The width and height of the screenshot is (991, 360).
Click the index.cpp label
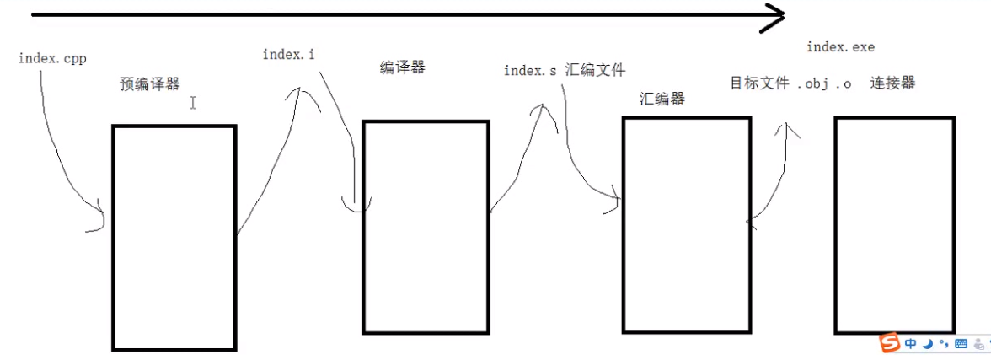[x=52, y=58]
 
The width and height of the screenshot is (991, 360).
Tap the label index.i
[x=289, y=55]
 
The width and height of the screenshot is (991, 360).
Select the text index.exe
[x=840, y=47]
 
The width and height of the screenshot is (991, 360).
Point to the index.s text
[x=530, y=71]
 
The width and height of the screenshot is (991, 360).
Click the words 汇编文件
[x=596, y=70]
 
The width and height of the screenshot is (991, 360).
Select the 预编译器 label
[x=150, y=83]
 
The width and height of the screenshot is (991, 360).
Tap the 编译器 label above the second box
[x=403, y=68]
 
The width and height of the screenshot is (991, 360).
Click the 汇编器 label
[x=662, y=99]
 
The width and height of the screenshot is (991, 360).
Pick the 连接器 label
[x=892, y=83]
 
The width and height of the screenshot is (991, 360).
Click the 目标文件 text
[x=759, y=83]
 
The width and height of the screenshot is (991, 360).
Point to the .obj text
[x=813, y=83]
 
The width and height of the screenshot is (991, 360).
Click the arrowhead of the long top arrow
[x=773, y=16]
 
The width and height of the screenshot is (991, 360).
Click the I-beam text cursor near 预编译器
[x=193, y=103]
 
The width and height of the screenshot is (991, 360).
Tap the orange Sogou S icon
[x=890, y=343]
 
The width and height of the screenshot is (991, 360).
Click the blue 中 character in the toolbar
[x=911, y=344]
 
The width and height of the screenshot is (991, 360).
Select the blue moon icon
[x=928, y=344]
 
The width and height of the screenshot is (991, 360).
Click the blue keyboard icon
[x=961, y=344]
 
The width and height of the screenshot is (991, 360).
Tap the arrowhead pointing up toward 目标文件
[x=789, y=128]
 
